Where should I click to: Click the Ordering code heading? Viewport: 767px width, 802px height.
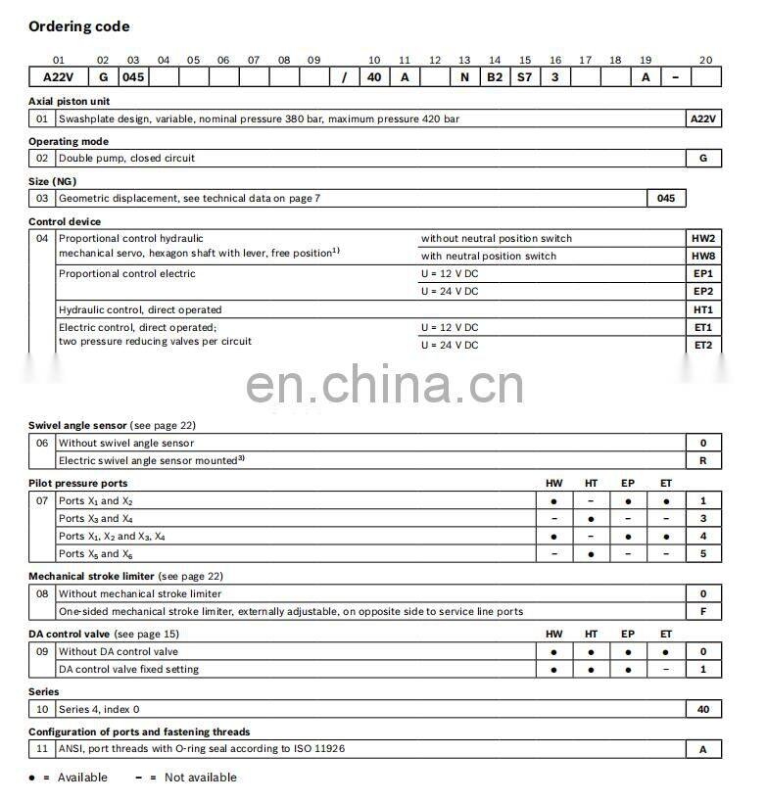tap(78, 26)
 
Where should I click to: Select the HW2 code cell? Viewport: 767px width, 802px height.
tap(703, 238)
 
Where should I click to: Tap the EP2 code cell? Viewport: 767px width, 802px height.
tap(703, 291)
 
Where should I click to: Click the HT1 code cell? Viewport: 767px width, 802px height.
tap(703, 309)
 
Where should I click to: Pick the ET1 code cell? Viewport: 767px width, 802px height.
tap(703, 327)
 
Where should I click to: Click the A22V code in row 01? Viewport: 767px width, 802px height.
tap(703, 118)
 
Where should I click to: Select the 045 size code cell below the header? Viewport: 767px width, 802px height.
tap(666, 198)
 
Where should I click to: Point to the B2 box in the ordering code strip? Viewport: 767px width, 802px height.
tap(495, 77)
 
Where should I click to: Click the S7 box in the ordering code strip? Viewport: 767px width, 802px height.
tap(525, 77)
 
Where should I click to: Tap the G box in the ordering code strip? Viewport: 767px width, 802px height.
tap(104, 77)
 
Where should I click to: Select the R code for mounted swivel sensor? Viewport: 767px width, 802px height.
tap(703, 460)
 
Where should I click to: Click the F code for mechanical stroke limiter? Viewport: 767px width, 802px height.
tap(703, 611)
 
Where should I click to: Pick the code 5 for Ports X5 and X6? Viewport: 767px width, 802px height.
tap(703, 554)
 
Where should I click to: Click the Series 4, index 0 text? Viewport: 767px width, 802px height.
tap(99, 709)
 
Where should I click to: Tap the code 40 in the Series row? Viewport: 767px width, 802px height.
tap(703, 709)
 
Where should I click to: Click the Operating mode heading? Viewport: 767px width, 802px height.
tap(69, 141)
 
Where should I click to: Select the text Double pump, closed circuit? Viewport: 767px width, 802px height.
tap(126, 158)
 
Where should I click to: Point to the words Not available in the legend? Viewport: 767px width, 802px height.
tap(200, 778)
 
